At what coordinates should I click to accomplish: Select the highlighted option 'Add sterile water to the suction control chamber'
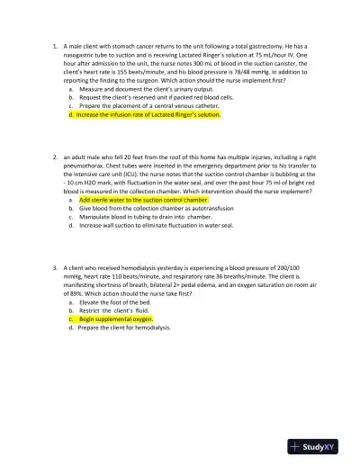coord(144,200)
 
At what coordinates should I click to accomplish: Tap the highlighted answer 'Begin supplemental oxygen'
coord(115,318)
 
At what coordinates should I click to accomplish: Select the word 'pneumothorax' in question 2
coord(92,166)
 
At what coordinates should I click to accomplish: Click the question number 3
coord(55,268)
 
